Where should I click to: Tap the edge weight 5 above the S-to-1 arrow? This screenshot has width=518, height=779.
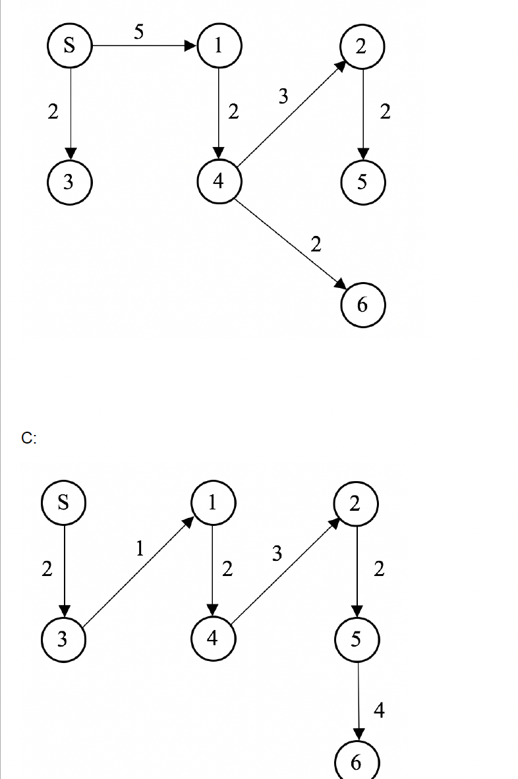[138, 32]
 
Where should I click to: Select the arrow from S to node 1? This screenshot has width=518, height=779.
[145, 46]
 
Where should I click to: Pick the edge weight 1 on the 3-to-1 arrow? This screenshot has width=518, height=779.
[140, 548]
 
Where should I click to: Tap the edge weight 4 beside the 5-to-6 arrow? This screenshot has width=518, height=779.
[379, 710]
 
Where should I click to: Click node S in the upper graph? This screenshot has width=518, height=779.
[69, 46]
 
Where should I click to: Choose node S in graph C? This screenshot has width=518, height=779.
[63, 503]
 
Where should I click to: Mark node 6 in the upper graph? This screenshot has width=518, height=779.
[362, 304]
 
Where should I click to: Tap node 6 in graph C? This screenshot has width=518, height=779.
[357, 761]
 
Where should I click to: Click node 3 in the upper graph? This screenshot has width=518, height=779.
[69, 182]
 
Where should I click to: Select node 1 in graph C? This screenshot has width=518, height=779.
[212, 503]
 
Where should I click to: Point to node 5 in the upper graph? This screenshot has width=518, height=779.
[362, 182]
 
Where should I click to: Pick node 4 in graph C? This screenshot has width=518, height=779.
[212, 639]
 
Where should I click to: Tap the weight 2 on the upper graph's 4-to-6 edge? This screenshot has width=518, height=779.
[316, 245]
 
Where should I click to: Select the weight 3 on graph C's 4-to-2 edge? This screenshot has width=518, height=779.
[277, 554]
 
